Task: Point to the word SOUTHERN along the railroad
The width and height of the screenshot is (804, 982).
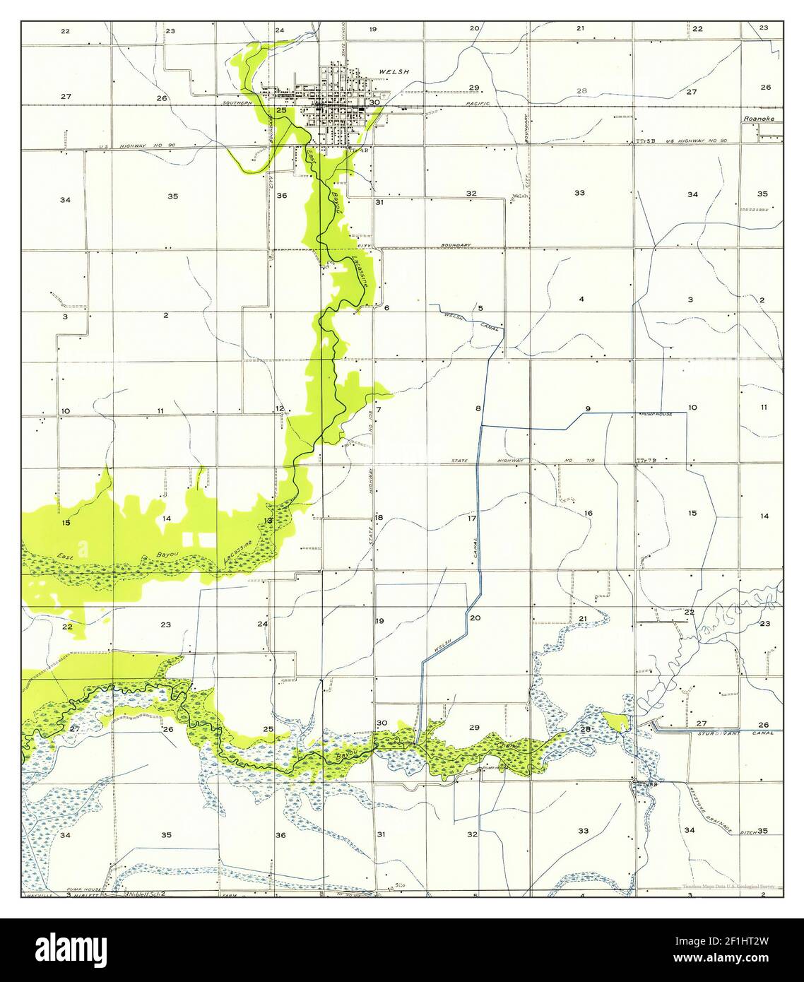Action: (237, 104)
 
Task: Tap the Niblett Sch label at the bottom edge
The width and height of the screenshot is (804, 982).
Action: (145, 894)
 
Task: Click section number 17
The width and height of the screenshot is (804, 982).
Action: (472, 519)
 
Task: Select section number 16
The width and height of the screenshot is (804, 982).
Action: (588, 513)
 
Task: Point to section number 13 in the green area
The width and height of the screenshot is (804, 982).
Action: (268, 521)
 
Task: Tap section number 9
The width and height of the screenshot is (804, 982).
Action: (587, 409)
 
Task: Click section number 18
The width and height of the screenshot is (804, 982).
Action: (379, 518)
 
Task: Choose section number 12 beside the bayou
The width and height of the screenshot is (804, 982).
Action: (280, 408)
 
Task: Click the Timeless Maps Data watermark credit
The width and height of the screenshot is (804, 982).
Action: (728, 886)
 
